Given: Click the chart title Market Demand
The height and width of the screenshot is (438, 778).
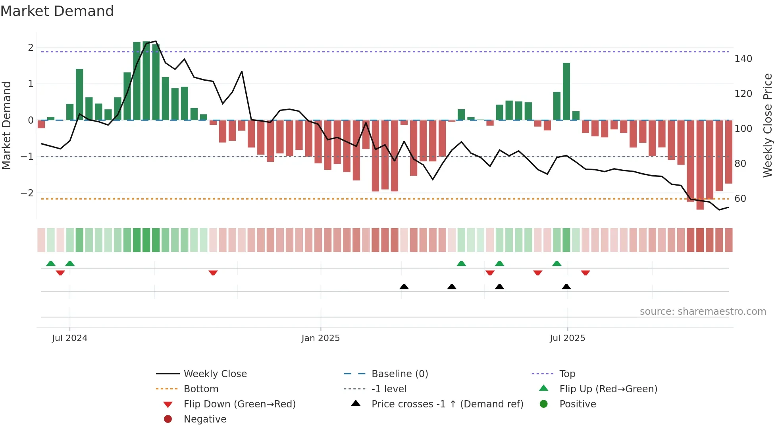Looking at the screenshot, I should [x=57, y=11].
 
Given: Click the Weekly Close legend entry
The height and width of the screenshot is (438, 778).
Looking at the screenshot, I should [x=215, y=374].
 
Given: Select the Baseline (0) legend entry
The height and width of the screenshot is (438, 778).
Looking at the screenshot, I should [x=399, y=374].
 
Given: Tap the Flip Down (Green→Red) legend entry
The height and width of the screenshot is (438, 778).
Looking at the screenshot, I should [x=239, y=404].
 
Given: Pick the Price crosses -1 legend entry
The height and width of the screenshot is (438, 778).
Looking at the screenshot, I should [x=447, y=404].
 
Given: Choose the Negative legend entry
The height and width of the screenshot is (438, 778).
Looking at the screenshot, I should [x=205, y=419].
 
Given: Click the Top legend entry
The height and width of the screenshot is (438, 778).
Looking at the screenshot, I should [x=567, y=374].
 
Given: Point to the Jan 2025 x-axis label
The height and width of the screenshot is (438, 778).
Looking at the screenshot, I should [x=320, y=338].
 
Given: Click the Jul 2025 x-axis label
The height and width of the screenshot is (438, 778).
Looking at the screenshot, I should [x=567, y=338].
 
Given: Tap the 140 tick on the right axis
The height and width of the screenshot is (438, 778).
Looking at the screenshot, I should [x=743, y=59].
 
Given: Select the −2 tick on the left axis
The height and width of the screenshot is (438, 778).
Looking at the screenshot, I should [x=27, y=193].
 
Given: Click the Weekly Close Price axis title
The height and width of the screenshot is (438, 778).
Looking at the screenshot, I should [x=768, y=125].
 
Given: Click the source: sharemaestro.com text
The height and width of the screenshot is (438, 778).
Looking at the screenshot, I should [x=703, y=312].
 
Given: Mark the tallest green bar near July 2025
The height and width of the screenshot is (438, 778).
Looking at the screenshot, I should [x=566, y=91].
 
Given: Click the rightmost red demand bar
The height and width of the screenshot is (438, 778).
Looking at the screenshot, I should [x=728, y=152].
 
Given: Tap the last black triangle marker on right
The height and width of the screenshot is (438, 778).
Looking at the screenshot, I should [x=566, y=287].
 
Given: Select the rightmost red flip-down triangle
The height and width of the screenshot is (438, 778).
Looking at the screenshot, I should [x=585, y=273].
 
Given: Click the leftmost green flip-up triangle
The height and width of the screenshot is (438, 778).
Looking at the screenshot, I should [x=51, y=264].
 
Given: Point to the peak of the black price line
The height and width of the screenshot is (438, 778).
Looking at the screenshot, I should [x=156, y=41].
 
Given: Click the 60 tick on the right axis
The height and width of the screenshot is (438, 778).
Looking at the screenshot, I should [x=740, y=199].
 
